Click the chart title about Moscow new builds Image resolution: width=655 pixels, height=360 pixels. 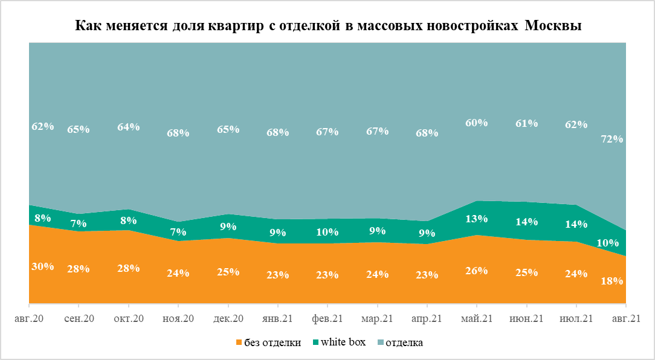[328, 27]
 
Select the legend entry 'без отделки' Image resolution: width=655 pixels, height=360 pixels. [272, 342]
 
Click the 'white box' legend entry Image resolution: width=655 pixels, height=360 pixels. [343, 342]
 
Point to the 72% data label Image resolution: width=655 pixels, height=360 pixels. [612, 139]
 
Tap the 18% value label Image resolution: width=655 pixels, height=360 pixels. [612, 281]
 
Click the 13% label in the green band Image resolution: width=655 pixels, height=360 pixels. [476, 219]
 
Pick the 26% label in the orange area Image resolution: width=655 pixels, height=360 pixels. [476, 271]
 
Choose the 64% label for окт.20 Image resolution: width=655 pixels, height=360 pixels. [129, 127]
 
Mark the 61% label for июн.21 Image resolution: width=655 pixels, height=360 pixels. [526, 124]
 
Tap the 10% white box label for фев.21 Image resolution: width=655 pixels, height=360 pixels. [327, 231]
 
